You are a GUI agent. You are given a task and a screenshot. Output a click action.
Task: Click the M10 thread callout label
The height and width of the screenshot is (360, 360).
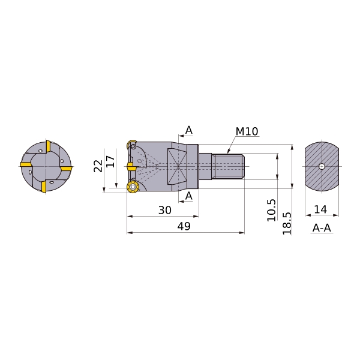[x=247, y=131]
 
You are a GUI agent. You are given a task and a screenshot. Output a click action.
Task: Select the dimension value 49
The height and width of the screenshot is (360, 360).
[x=184, y=226]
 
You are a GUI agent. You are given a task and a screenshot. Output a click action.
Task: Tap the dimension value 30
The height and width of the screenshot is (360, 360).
[x=165, y=210]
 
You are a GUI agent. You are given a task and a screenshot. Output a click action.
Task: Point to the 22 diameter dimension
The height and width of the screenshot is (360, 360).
[x=98, y=166]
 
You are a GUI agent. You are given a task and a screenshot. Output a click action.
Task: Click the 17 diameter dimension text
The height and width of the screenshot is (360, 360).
[x=110, y=161]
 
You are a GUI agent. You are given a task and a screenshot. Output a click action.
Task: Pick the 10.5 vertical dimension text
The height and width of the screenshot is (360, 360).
[x=271, y=211]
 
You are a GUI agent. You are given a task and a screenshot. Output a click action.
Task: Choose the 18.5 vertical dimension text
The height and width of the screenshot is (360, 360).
[x=287, y=223]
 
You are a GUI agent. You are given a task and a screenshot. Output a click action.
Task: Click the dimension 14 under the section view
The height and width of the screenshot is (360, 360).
[x=320, y=209]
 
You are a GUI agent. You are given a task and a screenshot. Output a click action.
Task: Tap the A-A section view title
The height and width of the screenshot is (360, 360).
[x=322, y=228]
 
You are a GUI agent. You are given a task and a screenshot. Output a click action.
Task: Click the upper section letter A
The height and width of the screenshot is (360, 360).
[x=189, y=130]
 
